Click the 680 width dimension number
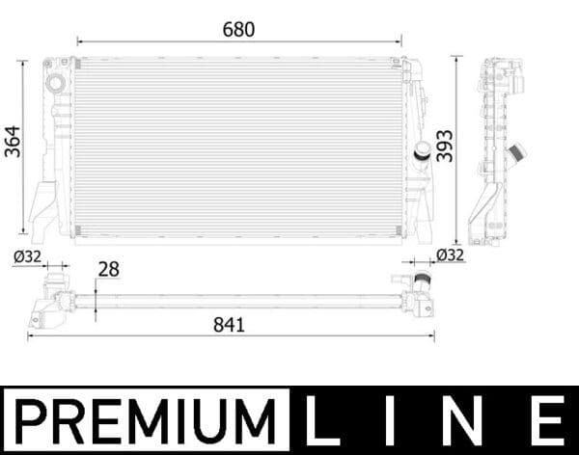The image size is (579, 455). (x=238, y=30)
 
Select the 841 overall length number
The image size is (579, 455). (x=229, y=325)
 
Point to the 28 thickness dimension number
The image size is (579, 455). (x=109, y=270)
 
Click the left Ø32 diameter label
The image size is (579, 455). (x=26, y=256)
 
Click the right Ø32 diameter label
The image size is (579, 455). (x=451, y=255)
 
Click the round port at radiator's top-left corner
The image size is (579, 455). (x=55, y=84)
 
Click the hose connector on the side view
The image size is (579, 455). (x=516, y=153)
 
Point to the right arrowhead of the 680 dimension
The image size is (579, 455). (x=399, y=41)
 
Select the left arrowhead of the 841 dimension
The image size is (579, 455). (x=30, y=335)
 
